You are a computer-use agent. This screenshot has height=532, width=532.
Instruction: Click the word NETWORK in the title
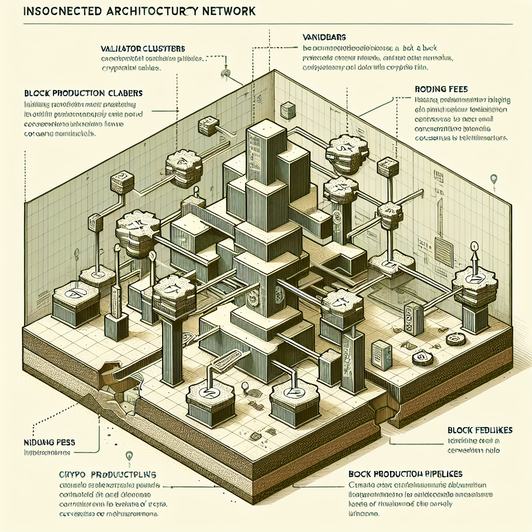pyautogui.click(x=223, y=11)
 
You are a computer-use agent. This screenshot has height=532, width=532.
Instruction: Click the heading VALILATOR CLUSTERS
pyautogui.click(x=143, y=48)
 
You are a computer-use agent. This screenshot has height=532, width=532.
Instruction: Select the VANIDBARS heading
pyautogui.click(x=324, y=37)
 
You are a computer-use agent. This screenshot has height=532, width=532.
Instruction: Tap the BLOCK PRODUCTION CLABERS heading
pyautogui.click(x=83, y=94)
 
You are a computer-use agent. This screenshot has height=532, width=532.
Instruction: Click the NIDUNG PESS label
pyautogui.click(x=49, y=442)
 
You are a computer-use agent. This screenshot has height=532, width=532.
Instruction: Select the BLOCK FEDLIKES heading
pyautogui.click(x=480, y=430)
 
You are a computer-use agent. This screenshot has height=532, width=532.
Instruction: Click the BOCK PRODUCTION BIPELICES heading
pyautogui.click(x=406, y=474)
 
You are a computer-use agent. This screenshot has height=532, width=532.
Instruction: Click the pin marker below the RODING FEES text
pyautogui.click(x=493, y=180)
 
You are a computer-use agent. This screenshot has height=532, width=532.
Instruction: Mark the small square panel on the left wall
pyautogui.click(x=285, y=110)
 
